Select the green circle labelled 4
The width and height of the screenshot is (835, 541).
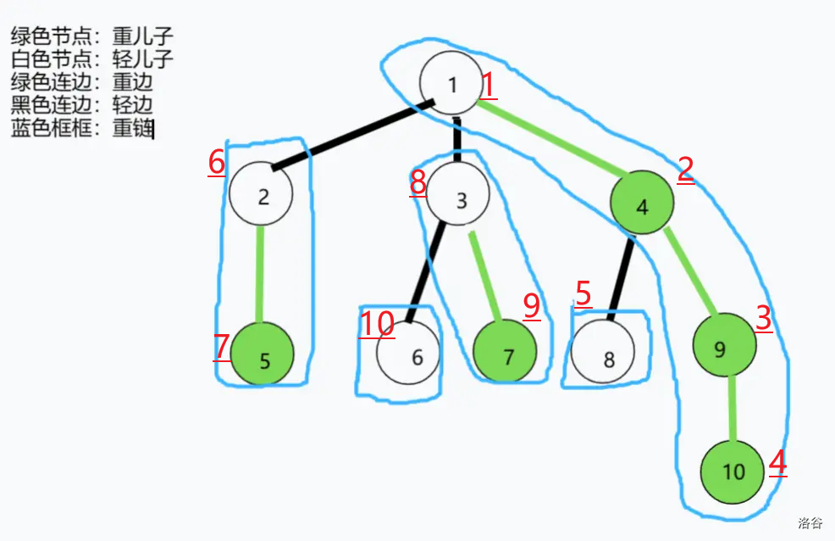point(642,205)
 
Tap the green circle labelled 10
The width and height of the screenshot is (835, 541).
point(733,471)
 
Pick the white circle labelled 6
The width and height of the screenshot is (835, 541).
point(410,356)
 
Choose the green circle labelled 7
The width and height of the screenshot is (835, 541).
point(505,355)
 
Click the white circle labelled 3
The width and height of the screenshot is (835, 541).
point(459,199)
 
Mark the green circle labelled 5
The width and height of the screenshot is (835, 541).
point(263,360)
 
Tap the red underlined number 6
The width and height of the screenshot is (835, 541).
point(217,162)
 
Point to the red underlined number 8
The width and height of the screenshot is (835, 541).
point(417,181)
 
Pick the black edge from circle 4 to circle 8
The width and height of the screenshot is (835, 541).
point(622,278)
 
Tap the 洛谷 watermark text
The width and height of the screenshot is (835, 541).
point(810,523)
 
